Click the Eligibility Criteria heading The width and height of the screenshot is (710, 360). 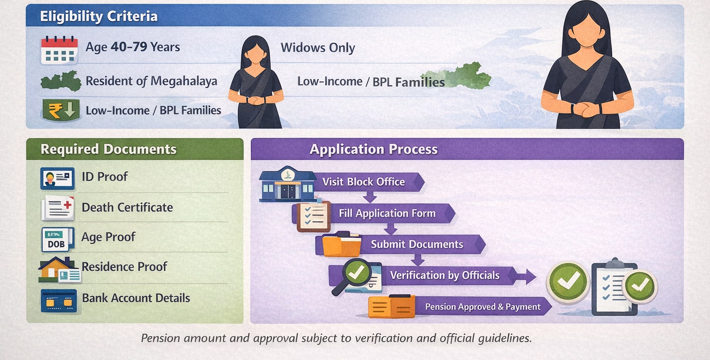click(x=99, y=17)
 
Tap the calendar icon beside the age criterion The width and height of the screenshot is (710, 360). click(x=59, y=50)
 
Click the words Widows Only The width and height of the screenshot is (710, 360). click(x=318, y=48)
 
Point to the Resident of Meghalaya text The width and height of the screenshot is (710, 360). click(x=151, y=82)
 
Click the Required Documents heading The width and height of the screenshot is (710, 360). click(x=108, y=149)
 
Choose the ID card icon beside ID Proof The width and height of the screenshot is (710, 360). click(x=57, y=178)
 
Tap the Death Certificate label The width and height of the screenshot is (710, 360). click(x=127, y=207)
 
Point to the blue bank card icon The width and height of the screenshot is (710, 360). click(x=58, y=300)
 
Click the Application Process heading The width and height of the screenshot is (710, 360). click(x=374, y=149)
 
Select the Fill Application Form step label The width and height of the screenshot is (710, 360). click(x=387, y=213)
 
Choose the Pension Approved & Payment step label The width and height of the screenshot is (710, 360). click(x=483, y=307)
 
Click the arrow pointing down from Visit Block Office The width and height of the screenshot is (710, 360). click(x=369, y=197)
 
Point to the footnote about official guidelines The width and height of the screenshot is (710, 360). click(x=336, y=338)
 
